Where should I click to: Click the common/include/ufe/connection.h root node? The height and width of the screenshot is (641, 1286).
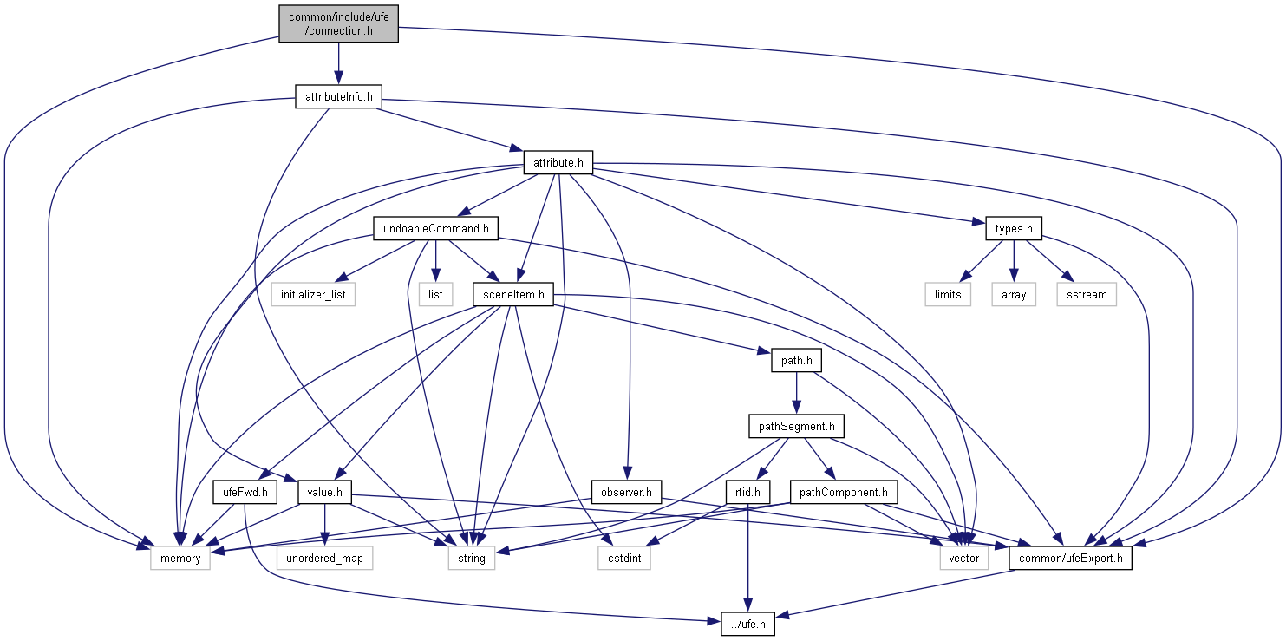point(338,23)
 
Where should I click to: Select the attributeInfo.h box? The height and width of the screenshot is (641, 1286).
point(338,97)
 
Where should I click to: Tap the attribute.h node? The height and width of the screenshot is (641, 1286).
point(558,162)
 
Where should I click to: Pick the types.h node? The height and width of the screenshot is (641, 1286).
point(1013,229)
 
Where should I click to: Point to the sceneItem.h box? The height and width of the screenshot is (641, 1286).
point(513,295)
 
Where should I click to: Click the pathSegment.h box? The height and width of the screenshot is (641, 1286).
point(795,427)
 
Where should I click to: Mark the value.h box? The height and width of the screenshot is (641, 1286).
point(324,493)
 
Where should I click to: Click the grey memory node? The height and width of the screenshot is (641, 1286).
point(180,559)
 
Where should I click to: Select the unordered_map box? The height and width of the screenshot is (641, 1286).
point(324,559)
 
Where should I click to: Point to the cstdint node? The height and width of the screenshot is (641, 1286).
point(623,559)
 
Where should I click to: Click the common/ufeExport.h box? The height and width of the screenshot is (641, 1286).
point(1070,559)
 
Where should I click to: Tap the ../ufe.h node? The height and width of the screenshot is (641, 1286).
point(747,624)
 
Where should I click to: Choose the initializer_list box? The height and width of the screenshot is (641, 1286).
point(313,295)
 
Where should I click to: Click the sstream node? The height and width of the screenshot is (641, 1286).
point(1087,295)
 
